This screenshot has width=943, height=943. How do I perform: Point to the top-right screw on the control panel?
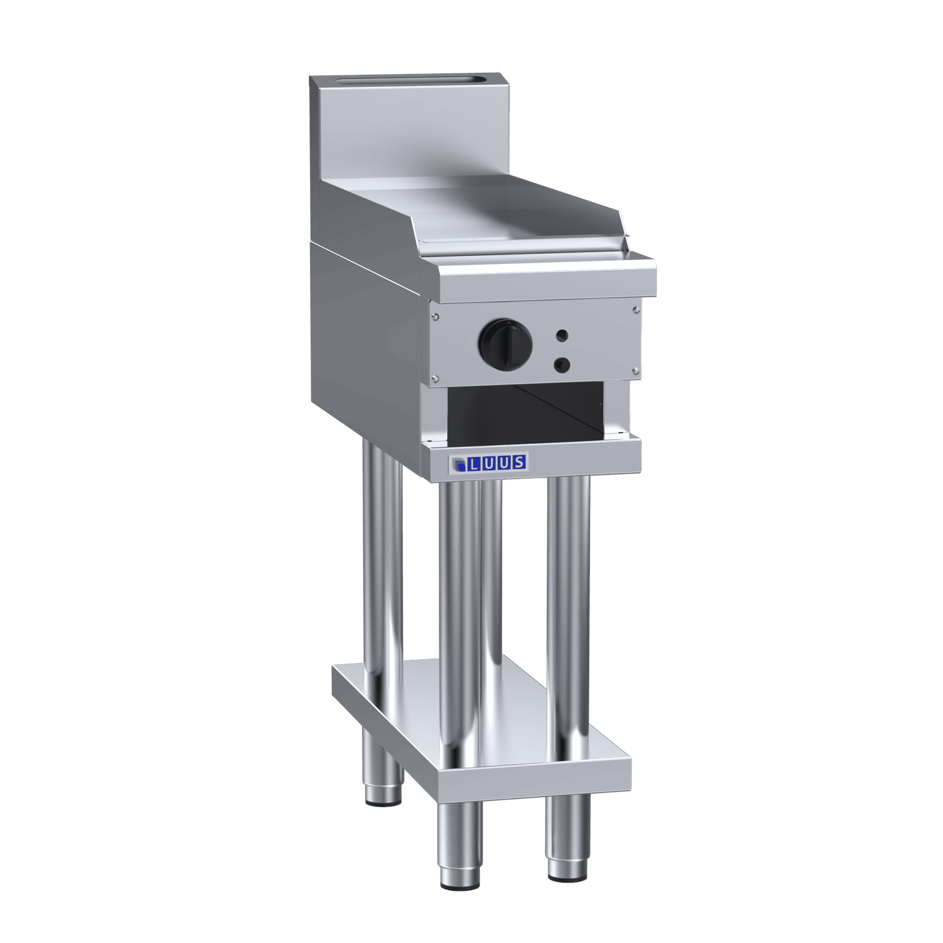(636, 308)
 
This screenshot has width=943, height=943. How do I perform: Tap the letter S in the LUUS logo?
(519, 462)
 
